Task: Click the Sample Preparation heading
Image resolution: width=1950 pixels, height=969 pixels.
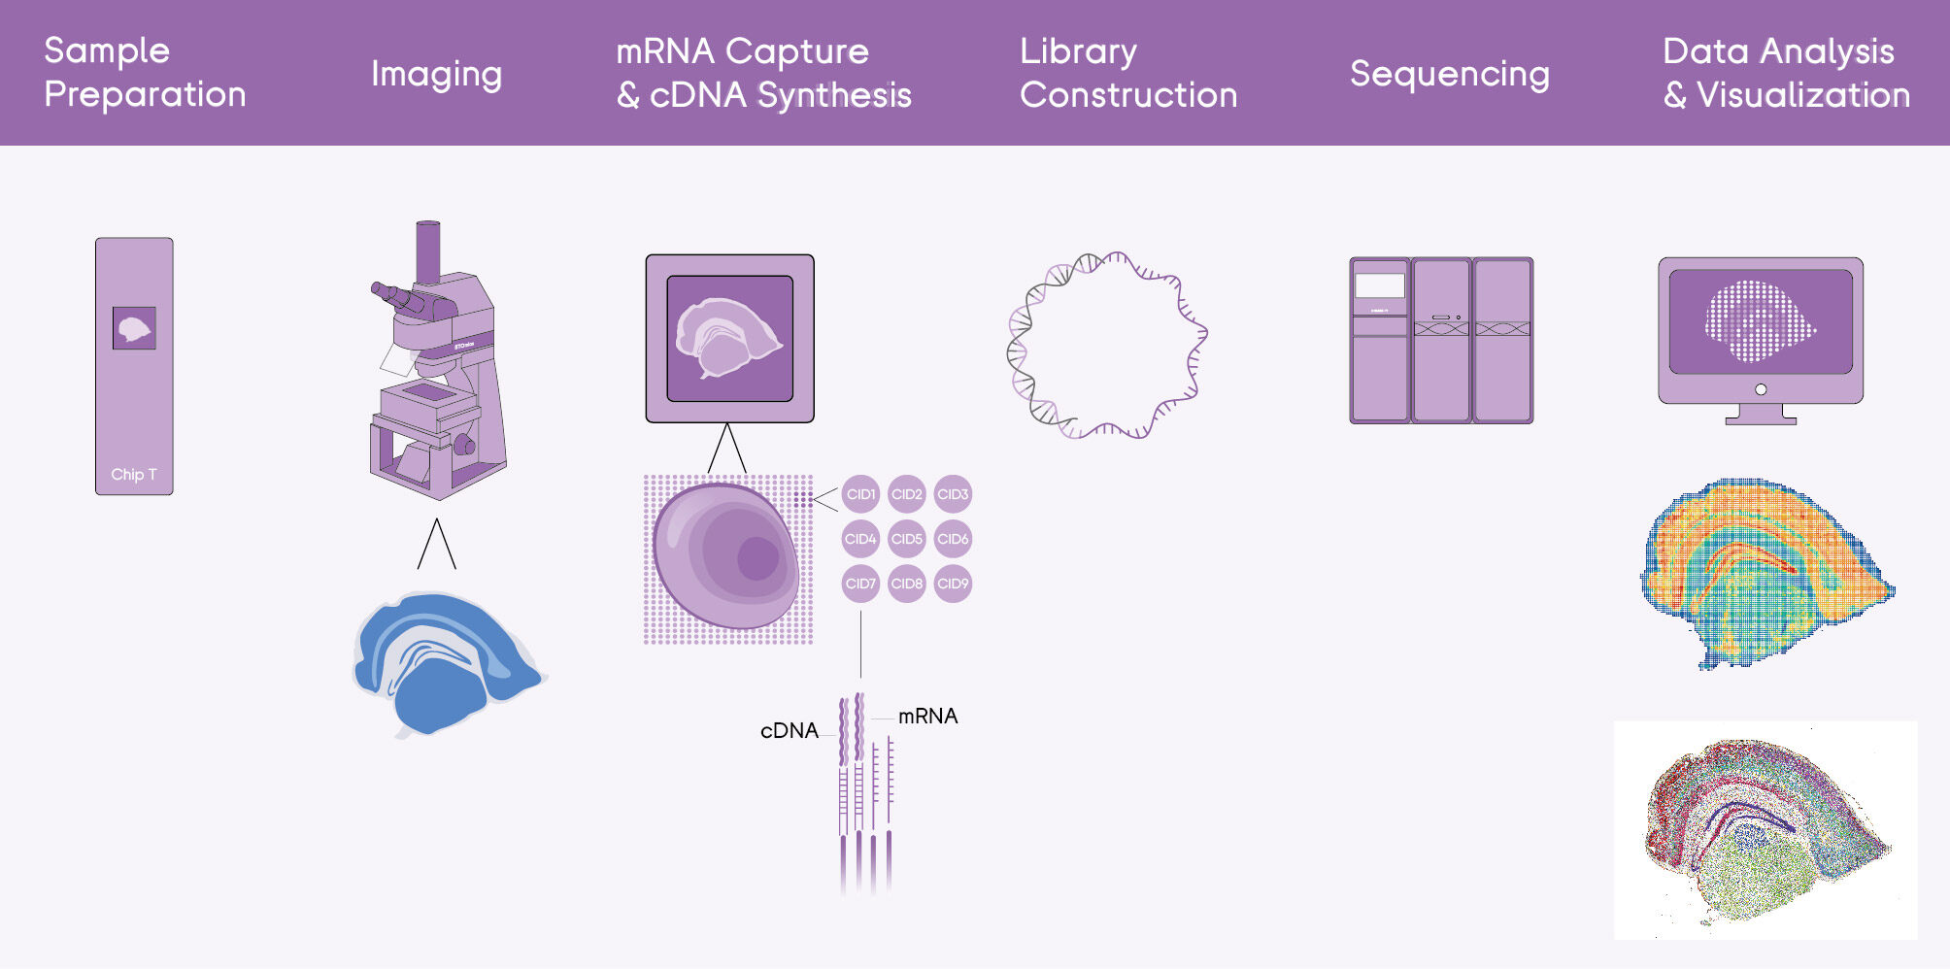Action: click(x=145, y=73)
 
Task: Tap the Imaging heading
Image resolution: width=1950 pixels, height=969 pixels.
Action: click(x=436, y=74)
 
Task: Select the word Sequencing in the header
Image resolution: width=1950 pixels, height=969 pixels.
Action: click(x=1449, y=74)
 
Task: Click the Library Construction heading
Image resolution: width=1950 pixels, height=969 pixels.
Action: click(x=1127, y=73)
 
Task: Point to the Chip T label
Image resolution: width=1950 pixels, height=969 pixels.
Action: click(x=133, y=475)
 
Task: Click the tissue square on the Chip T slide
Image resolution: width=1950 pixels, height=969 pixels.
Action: click(x=134, y=328)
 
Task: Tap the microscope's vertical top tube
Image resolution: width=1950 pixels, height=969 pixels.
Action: click(x=427, y=251)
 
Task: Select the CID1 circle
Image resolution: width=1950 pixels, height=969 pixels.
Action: click(x=860, y=494)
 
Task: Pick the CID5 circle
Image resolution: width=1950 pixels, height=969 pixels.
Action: click(x=906, y=539)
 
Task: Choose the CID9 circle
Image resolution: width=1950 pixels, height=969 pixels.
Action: click(x=953, y=584)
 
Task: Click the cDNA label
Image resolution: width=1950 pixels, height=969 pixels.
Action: click(x=789, y=731)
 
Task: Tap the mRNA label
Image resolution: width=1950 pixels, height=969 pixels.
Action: click(x=927, y=717)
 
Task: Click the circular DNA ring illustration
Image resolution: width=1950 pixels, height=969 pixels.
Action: click(x=1106, y=346)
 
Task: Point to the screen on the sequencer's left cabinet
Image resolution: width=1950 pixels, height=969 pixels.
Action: click(x=1380, y=285)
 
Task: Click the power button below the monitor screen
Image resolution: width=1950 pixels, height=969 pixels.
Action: click(x=1761, y=389)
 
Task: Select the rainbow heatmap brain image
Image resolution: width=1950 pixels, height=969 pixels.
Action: click(x=1763, y=573)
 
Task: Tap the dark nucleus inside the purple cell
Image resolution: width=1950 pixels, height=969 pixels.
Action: click(x=756, y=558)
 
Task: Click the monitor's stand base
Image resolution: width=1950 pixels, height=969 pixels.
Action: click(x=1761, y=419)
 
